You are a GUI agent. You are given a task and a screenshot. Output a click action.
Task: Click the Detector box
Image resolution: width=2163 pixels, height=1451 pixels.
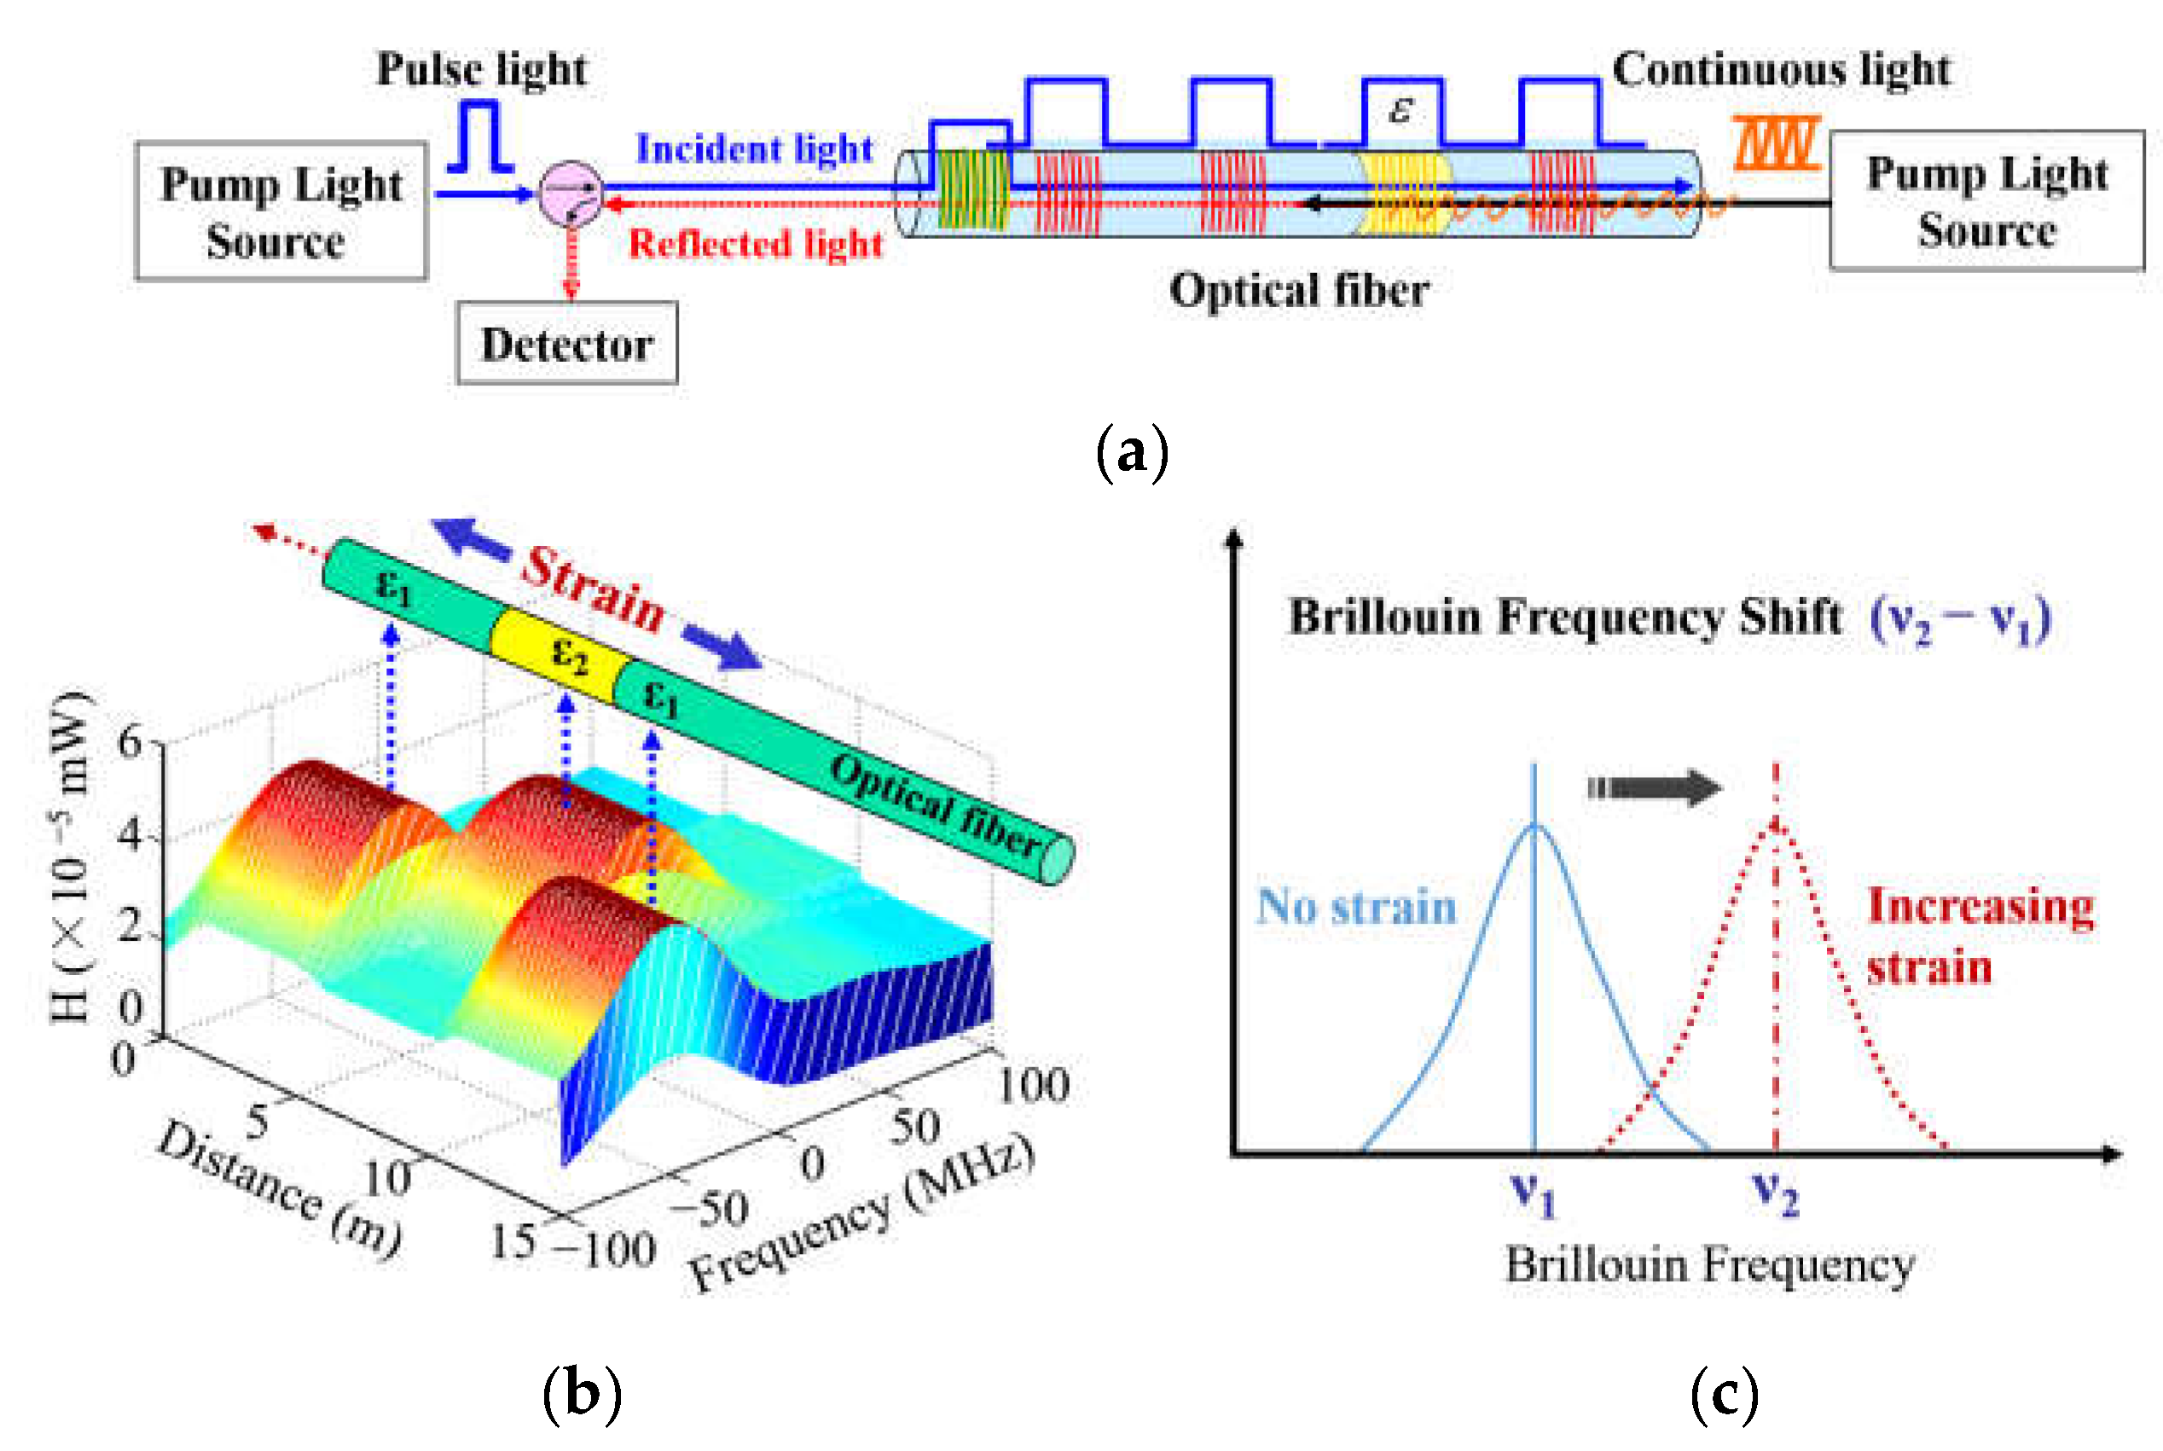[x=566, y=343]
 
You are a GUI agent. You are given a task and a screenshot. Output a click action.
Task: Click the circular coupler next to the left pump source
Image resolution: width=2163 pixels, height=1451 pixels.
[x=571, y=194]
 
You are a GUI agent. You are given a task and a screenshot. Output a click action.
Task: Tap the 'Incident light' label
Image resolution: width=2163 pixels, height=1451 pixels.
[x=753, y=148]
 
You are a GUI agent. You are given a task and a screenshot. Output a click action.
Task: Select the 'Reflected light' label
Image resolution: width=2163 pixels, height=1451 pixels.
[x=755, y=243]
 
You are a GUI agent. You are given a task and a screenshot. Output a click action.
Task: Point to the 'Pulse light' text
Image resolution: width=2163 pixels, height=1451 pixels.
[x=481, y=69]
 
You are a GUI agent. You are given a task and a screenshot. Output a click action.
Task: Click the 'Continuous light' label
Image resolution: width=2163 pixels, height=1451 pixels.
[x=1781, y=69]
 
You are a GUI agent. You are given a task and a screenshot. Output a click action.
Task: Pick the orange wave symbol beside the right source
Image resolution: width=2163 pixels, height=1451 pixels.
[x=1777, y=143]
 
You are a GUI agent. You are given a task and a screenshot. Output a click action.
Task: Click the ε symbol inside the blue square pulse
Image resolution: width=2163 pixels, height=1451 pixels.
[x=1400, y=110]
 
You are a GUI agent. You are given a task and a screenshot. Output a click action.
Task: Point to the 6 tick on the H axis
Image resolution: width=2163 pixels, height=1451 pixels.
[x=130, y=741]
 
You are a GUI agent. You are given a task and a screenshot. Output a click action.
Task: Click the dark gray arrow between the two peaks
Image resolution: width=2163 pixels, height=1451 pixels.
[x=1654, y=787]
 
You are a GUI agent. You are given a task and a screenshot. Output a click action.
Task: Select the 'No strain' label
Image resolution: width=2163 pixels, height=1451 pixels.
[x=1355, y=906]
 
